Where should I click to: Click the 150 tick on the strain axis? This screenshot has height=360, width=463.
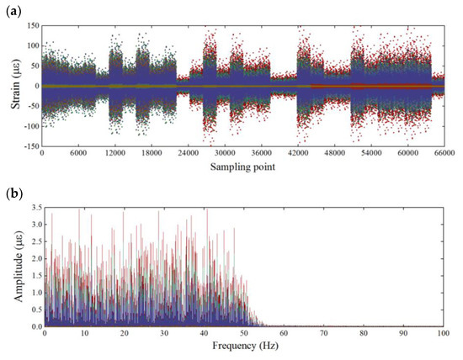tap(32, 26)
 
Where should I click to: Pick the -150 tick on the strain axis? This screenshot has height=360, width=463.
tap(30, 146)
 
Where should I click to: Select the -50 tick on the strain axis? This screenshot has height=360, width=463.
tap(32, 106)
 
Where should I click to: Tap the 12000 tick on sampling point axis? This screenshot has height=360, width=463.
tap(114, 155)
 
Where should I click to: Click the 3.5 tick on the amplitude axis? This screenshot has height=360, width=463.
tap(33, 207)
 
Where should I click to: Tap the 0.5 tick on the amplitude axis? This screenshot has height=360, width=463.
tap(33, 310)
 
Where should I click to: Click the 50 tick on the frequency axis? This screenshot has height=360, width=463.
tap(244, 335)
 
